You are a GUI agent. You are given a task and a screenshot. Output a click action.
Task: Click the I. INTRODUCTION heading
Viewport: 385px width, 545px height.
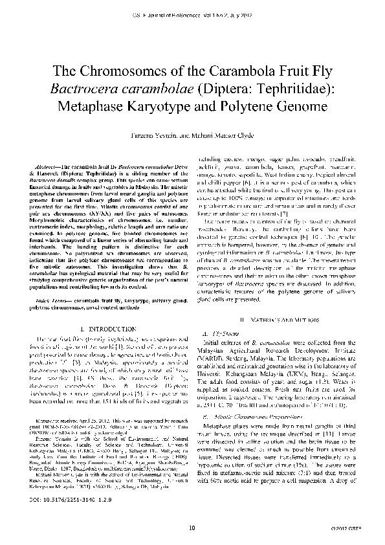pos(103,329)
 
